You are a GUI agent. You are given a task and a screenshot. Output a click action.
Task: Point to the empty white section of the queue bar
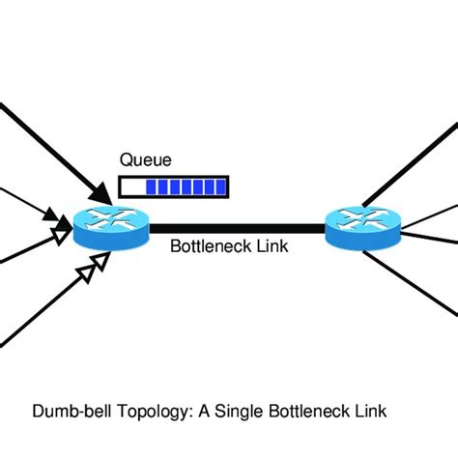131,185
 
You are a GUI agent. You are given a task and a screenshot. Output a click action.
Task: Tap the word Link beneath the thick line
272,246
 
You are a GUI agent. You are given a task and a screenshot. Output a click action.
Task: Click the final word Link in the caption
368,412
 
